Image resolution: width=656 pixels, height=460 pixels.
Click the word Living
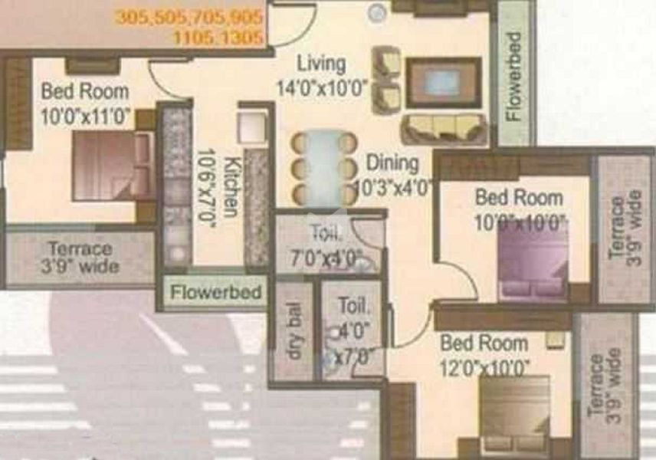322,63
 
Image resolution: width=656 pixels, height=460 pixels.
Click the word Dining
392,163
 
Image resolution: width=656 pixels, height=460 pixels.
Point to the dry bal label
294,334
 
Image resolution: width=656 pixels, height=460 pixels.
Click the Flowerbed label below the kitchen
216,293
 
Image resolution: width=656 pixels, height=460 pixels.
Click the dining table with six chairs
324,167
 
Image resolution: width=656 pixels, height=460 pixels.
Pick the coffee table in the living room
443,82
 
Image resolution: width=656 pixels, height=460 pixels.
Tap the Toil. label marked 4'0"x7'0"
350,307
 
